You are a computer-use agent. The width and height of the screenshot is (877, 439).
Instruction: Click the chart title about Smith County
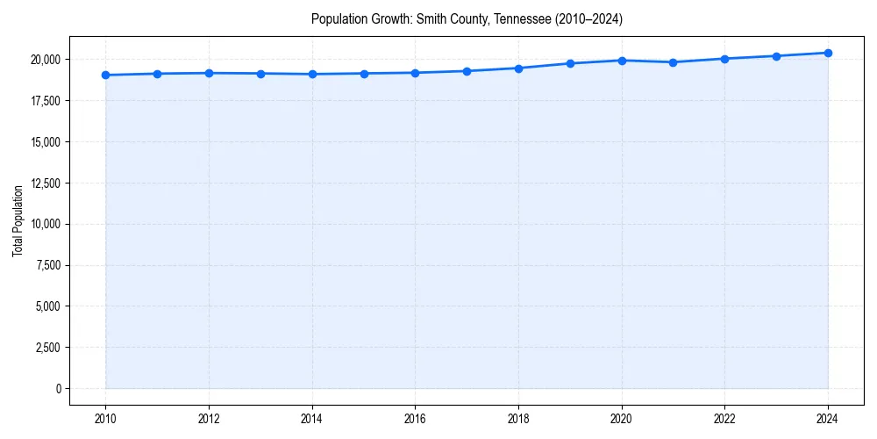coord(467,19)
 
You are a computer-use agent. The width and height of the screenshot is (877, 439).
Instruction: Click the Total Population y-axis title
coord(18,220)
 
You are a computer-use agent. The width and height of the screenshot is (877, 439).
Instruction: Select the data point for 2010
coord(105,75)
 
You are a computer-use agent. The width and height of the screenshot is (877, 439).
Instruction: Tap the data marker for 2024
coord(828,53)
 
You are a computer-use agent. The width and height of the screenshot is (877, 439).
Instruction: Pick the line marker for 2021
coord(673,62)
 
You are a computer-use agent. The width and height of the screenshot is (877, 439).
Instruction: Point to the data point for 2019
coord(570,63)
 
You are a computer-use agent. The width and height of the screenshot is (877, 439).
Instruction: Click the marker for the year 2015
coord(364,73)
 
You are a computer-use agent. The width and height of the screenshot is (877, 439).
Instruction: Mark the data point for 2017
coord(467,71)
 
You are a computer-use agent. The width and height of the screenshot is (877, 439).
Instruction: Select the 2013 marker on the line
coord(260,73)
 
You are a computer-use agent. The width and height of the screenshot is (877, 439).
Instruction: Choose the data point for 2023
coord(776,56)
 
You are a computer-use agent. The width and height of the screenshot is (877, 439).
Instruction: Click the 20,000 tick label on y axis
coord(44,60)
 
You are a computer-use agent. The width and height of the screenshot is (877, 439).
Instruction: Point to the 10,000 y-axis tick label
coord(44,224)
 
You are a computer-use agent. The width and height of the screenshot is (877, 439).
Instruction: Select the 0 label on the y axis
coord(57,389)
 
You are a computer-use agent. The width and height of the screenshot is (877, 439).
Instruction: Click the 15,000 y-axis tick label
coord(44,142)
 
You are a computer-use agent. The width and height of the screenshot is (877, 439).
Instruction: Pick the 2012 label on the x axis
coord(209,419)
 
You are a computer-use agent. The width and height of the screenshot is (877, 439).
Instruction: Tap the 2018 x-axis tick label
coord(518,419)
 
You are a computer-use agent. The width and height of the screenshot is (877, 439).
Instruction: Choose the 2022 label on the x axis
coord(724,419)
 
